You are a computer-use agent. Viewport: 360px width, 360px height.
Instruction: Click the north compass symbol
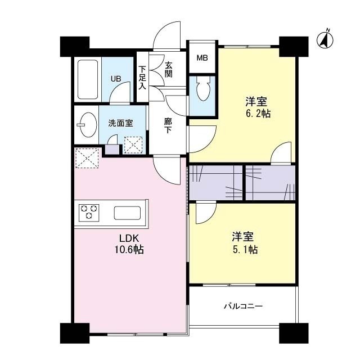click(325, 40)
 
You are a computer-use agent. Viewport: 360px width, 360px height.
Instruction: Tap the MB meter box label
click(201, 58)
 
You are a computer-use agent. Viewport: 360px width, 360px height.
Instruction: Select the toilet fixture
click(203, 89)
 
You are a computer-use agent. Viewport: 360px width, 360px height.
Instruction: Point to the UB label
click(115, 79)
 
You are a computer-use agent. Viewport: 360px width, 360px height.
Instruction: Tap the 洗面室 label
click(120, 123)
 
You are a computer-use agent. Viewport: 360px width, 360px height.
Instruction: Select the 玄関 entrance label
click(168, 69)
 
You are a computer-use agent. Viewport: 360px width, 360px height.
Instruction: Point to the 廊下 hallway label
click(168, 125)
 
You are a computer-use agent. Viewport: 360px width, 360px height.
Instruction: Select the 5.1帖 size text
click(245, 250)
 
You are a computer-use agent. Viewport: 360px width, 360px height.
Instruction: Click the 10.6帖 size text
click(129, 249)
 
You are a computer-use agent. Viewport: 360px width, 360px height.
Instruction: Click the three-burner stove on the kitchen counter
click(88, 213)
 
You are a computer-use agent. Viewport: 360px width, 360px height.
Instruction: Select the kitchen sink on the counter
click(129, 213)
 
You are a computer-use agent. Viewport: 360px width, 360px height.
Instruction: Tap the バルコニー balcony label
click(243, 307)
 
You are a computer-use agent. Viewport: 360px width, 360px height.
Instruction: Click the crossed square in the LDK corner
click(87, 157)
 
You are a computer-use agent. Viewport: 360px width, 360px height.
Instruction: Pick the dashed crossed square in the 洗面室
click(133, 146)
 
